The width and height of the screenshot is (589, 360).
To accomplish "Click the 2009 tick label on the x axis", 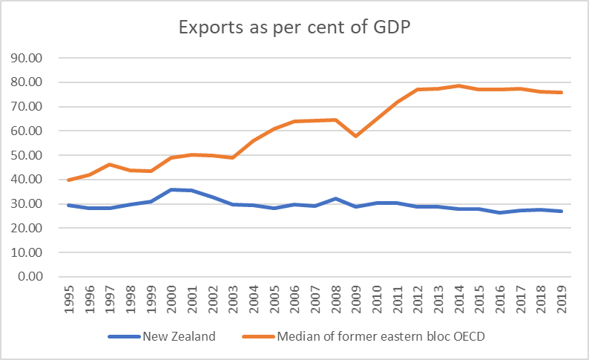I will click(355, 300).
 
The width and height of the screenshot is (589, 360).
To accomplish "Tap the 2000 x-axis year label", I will click(172, 300).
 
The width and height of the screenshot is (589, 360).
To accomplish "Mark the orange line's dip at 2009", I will click(355, 136).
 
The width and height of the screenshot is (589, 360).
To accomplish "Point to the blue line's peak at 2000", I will click(172, 189).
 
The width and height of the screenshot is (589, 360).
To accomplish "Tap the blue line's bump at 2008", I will click(335, 198).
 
